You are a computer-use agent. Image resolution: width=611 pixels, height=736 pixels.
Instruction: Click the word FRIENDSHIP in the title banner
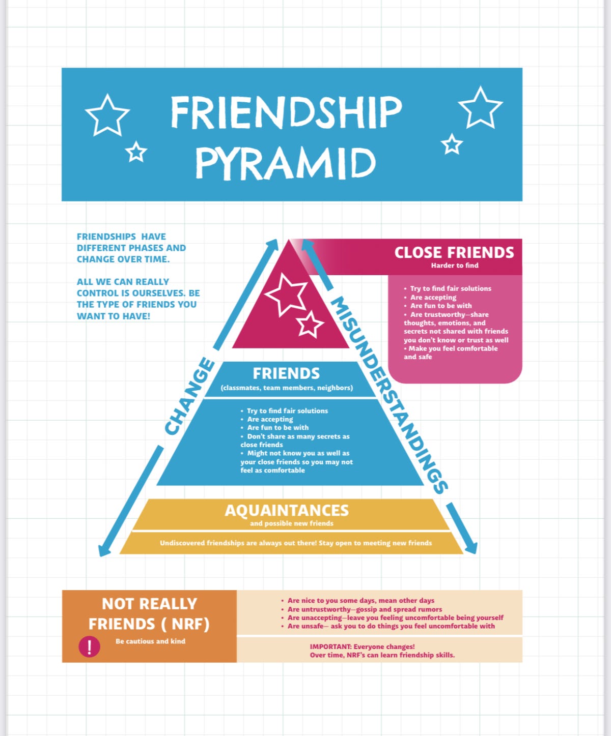coord(286,112)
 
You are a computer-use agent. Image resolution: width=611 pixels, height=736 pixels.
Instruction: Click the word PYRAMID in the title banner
coord(286,163)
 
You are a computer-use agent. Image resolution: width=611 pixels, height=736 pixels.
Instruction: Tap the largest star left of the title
coord(107,115)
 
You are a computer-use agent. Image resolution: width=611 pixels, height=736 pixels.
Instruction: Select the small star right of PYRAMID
coord(452,144)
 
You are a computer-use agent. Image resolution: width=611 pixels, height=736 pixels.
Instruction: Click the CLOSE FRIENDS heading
coord(454,252)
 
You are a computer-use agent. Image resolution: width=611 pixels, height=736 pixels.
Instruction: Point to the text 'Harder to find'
coord(455,266)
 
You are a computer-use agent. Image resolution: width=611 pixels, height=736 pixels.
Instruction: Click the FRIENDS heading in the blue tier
coord(286,373)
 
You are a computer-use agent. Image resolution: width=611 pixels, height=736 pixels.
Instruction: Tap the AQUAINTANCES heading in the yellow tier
coord(287,510)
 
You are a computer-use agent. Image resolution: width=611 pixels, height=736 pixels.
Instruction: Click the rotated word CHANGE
coord(189,396)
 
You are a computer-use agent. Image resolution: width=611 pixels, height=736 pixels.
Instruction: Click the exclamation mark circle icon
coord(89,647)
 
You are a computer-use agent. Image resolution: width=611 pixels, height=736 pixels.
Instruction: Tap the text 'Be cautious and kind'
coord(150,641)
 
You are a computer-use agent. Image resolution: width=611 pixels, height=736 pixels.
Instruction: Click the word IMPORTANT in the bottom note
coord(330,646)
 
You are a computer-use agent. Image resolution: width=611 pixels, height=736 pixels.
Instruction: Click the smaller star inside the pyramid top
coord(310,325)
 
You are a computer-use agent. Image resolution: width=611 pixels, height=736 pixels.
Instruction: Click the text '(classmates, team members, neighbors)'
coord(287,388)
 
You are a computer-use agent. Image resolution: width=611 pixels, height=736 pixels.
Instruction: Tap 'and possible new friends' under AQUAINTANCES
coord(292,523)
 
